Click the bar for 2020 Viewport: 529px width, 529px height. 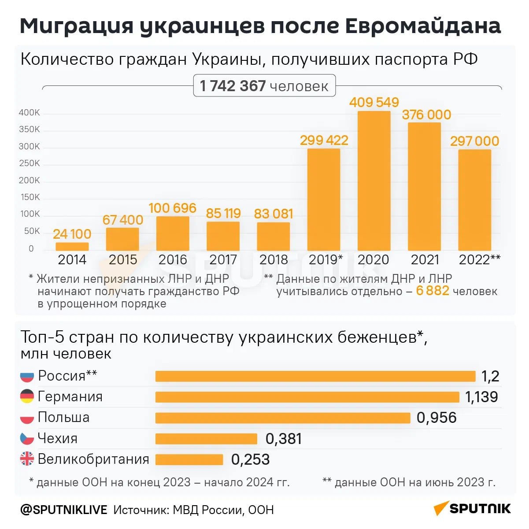[x=374, y=181]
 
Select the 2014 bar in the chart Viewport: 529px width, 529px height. [x=72, y=247]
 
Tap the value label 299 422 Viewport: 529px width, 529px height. [x=324, y=141]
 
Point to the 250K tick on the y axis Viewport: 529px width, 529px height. [x=29, y=163]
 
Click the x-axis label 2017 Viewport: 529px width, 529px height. [x=223, y=260]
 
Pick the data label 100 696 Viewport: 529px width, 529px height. [x=172, y=208]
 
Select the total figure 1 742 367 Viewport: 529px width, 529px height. [x=233, y=86]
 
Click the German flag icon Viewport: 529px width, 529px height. [x=27, y=396]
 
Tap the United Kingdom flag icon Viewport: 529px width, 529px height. [x=27, y=459]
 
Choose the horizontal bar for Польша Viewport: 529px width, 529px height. [x=283, y=418]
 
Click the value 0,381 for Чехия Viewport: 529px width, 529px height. [x=284, y=439]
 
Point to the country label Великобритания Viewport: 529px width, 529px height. [x=93, y=459]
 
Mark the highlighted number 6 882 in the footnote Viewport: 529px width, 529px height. [x=433, y=291]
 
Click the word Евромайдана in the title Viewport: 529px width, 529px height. [x=423, y=26]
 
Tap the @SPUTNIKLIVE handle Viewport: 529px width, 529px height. [x=63, y=510]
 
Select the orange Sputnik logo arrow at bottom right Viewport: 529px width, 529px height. [x=440, y=508]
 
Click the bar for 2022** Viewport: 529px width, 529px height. [x=474, y=200]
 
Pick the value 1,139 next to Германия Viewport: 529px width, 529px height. [x=481, y=397]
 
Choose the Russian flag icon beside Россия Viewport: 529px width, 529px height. [x=27, y=376]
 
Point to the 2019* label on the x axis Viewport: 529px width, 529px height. [x=326, y=260]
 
